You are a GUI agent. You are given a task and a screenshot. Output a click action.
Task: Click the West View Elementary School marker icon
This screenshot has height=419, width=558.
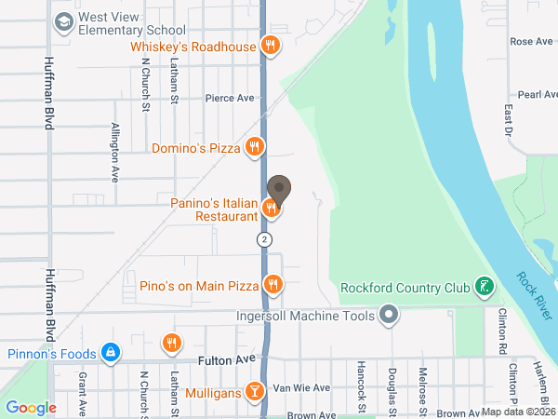[x=64, y=22]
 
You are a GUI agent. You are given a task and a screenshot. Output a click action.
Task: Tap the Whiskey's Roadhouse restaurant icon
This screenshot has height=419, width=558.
[x=271, y=44]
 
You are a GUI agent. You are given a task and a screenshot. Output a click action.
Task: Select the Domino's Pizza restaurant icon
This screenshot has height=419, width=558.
[x=254, y=147]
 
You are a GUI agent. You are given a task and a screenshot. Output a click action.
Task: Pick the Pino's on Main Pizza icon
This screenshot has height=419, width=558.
[x=272, y=284]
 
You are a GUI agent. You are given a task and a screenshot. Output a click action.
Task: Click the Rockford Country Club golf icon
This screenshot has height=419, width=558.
[x=484, y=286]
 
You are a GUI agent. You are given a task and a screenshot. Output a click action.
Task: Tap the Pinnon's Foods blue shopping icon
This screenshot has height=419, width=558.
[x=111, y=353]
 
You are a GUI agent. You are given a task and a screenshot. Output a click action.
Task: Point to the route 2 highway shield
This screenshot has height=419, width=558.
[x=266, y=240]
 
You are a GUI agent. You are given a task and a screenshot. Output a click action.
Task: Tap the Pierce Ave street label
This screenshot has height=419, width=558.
[x=230, y=97]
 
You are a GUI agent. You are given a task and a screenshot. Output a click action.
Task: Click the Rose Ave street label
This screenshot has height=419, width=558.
[x=531, y=42]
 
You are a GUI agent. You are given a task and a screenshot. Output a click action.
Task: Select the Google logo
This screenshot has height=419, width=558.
[x=32, y=407]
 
